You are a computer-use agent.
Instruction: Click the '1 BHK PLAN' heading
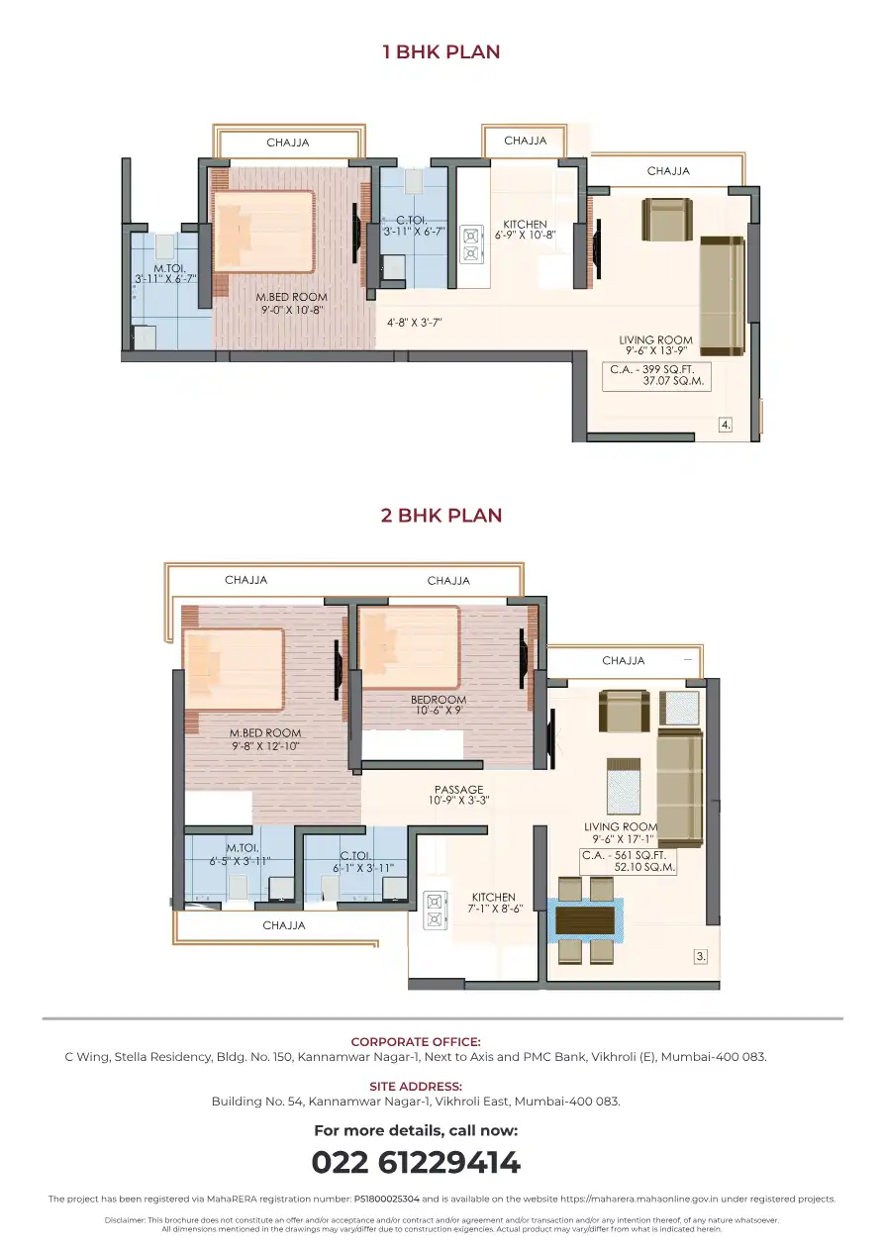[x=441, y=51]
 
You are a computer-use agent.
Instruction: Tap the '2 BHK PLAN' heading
[x=441, y=516]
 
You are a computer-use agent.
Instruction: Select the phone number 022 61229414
[x=416, y=1163]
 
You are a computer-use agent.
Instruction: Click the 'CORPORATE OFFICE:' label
[x=416, y=1041]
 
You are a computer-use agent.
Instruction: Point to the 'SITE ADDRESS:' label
[x=416, y=1086]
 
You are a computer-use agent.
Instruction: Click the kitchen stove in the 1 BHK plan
[x=470, y=243]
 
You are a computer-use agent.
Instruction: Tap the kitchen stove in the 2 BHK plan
[x=435, y=910]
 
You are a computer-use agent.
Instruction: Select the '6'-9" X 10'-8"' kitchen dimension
[x=525, y=236]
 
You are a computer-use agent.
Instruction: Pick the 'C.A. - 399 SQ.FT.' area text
[x=652, y=369]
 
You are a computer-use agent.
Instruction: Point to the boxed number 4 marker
[x=726, y=425]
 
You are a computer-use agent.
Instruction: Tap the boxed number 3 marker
[x=701, y=957]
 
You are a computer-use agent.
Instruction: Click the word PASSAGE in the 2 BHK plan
[x=458, y=790]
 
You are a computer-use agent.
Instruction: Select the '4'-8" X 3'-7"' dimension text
[x=415, y=323]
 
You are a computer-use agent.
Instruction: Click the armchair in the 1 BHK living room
[x=667, y=220]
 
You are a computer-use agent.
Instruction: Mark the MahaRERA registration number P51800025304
[x=386, y=1199]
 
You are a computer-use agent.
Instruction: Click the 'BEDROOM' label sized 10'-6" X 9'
[x=439, y=700]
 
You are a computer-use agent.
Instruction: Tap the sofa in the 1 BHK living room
[x=723, y=296]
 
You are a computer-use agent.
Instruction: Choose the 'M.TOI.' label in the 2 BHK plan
[x=243, y=848]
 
